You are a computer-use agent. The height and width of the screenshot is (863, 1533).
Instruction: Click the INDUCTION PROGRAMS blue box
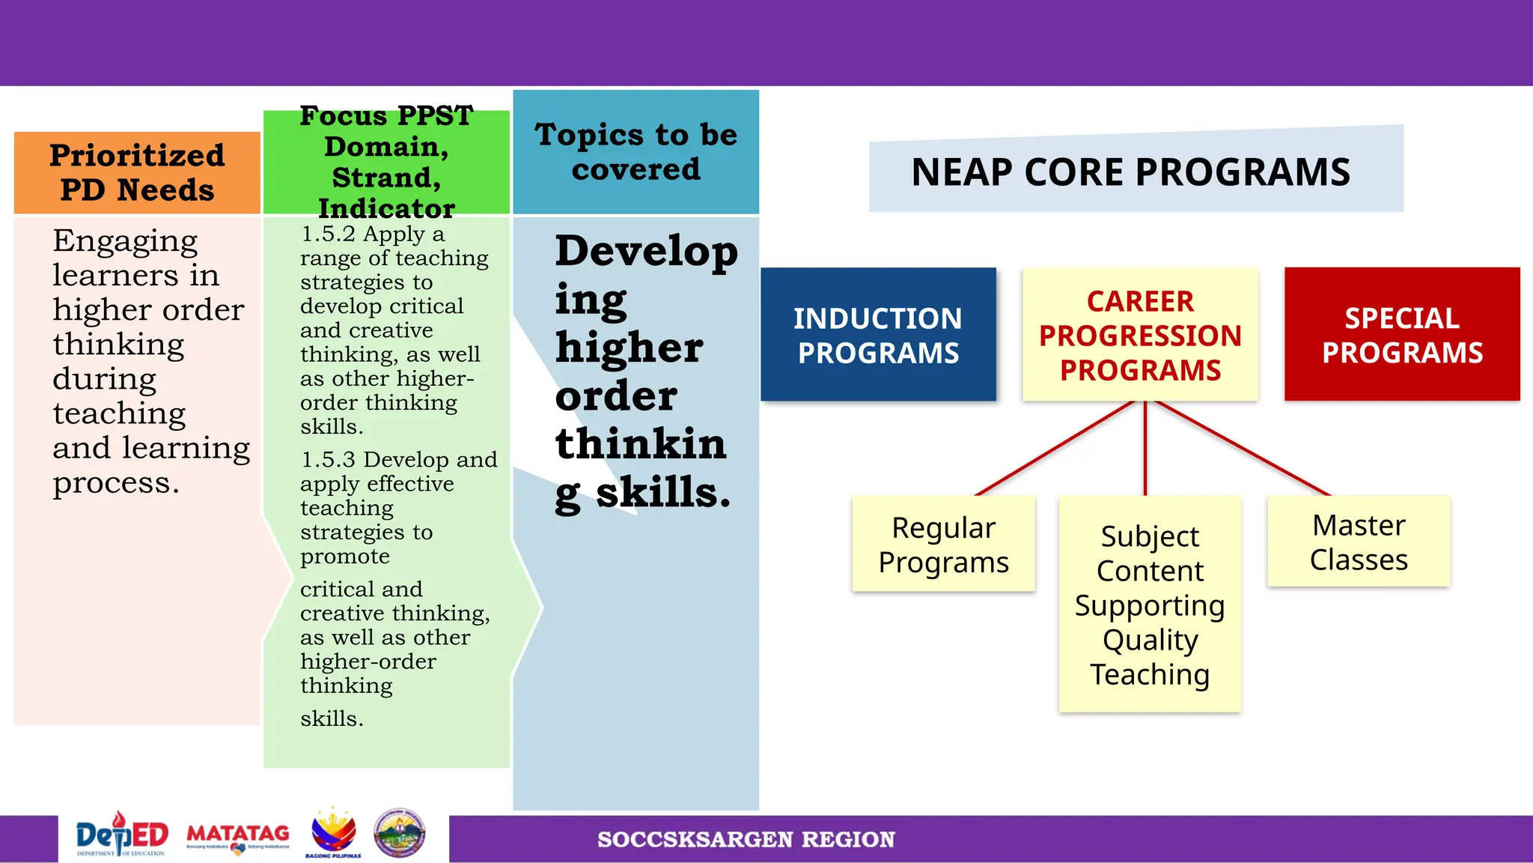pos(878,334)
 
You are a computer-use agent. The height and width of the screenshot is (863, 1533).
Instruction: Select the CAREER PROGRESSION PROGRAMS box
pos(1140,334)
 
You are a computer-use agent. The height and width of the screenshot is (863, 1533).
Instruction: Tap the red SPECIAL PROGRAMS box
pos(1402,334)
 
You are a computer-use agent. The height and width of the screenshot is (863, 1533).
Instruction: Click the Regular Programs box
pos(943,544)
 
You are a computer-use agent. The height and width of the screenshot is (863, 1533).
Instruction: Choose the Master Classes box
pos(1359,542)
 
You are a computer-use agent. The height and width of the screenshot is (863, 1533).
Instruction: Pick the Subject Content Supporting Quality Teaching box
pos(1150,605)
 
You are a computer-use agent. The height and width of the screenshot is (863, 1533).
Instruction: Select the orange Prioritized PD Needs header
pos(137,173)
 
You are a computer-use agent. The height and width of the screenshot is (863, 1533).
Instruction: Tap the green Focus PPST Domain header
pos(386,162)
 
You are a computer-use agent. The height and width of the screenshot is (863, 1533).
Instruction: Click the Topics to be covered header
pos(636,152)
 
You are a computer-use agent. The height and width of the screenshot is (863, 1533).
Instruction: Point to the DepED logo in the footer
pos(122,835)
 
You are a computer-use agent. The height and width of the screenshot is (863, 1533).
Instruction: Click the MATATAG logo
pos(238,837)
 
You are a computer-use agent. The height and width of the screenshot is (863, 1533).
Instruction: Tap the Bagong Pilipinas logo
pos(333,833)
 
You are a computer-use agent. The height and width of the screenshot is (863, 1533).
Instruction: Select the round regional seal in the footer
pos(400,833)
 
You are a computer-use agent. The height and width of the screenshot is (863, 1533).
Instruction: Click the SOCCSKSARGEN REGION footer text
pos(746,839)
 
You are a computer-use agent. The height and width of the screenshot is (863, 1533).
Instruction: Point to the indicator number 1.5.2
pos(328,234)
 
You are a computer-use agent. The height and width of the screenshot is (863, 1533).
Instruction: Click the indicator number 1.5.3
pos(328,460)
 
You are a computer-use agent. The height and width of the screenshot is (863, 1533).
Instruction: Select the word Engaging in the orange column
pos(125,241)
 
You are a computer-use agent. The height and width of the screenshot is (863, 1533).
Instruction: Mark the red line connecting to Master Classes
pos(1243,448)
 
